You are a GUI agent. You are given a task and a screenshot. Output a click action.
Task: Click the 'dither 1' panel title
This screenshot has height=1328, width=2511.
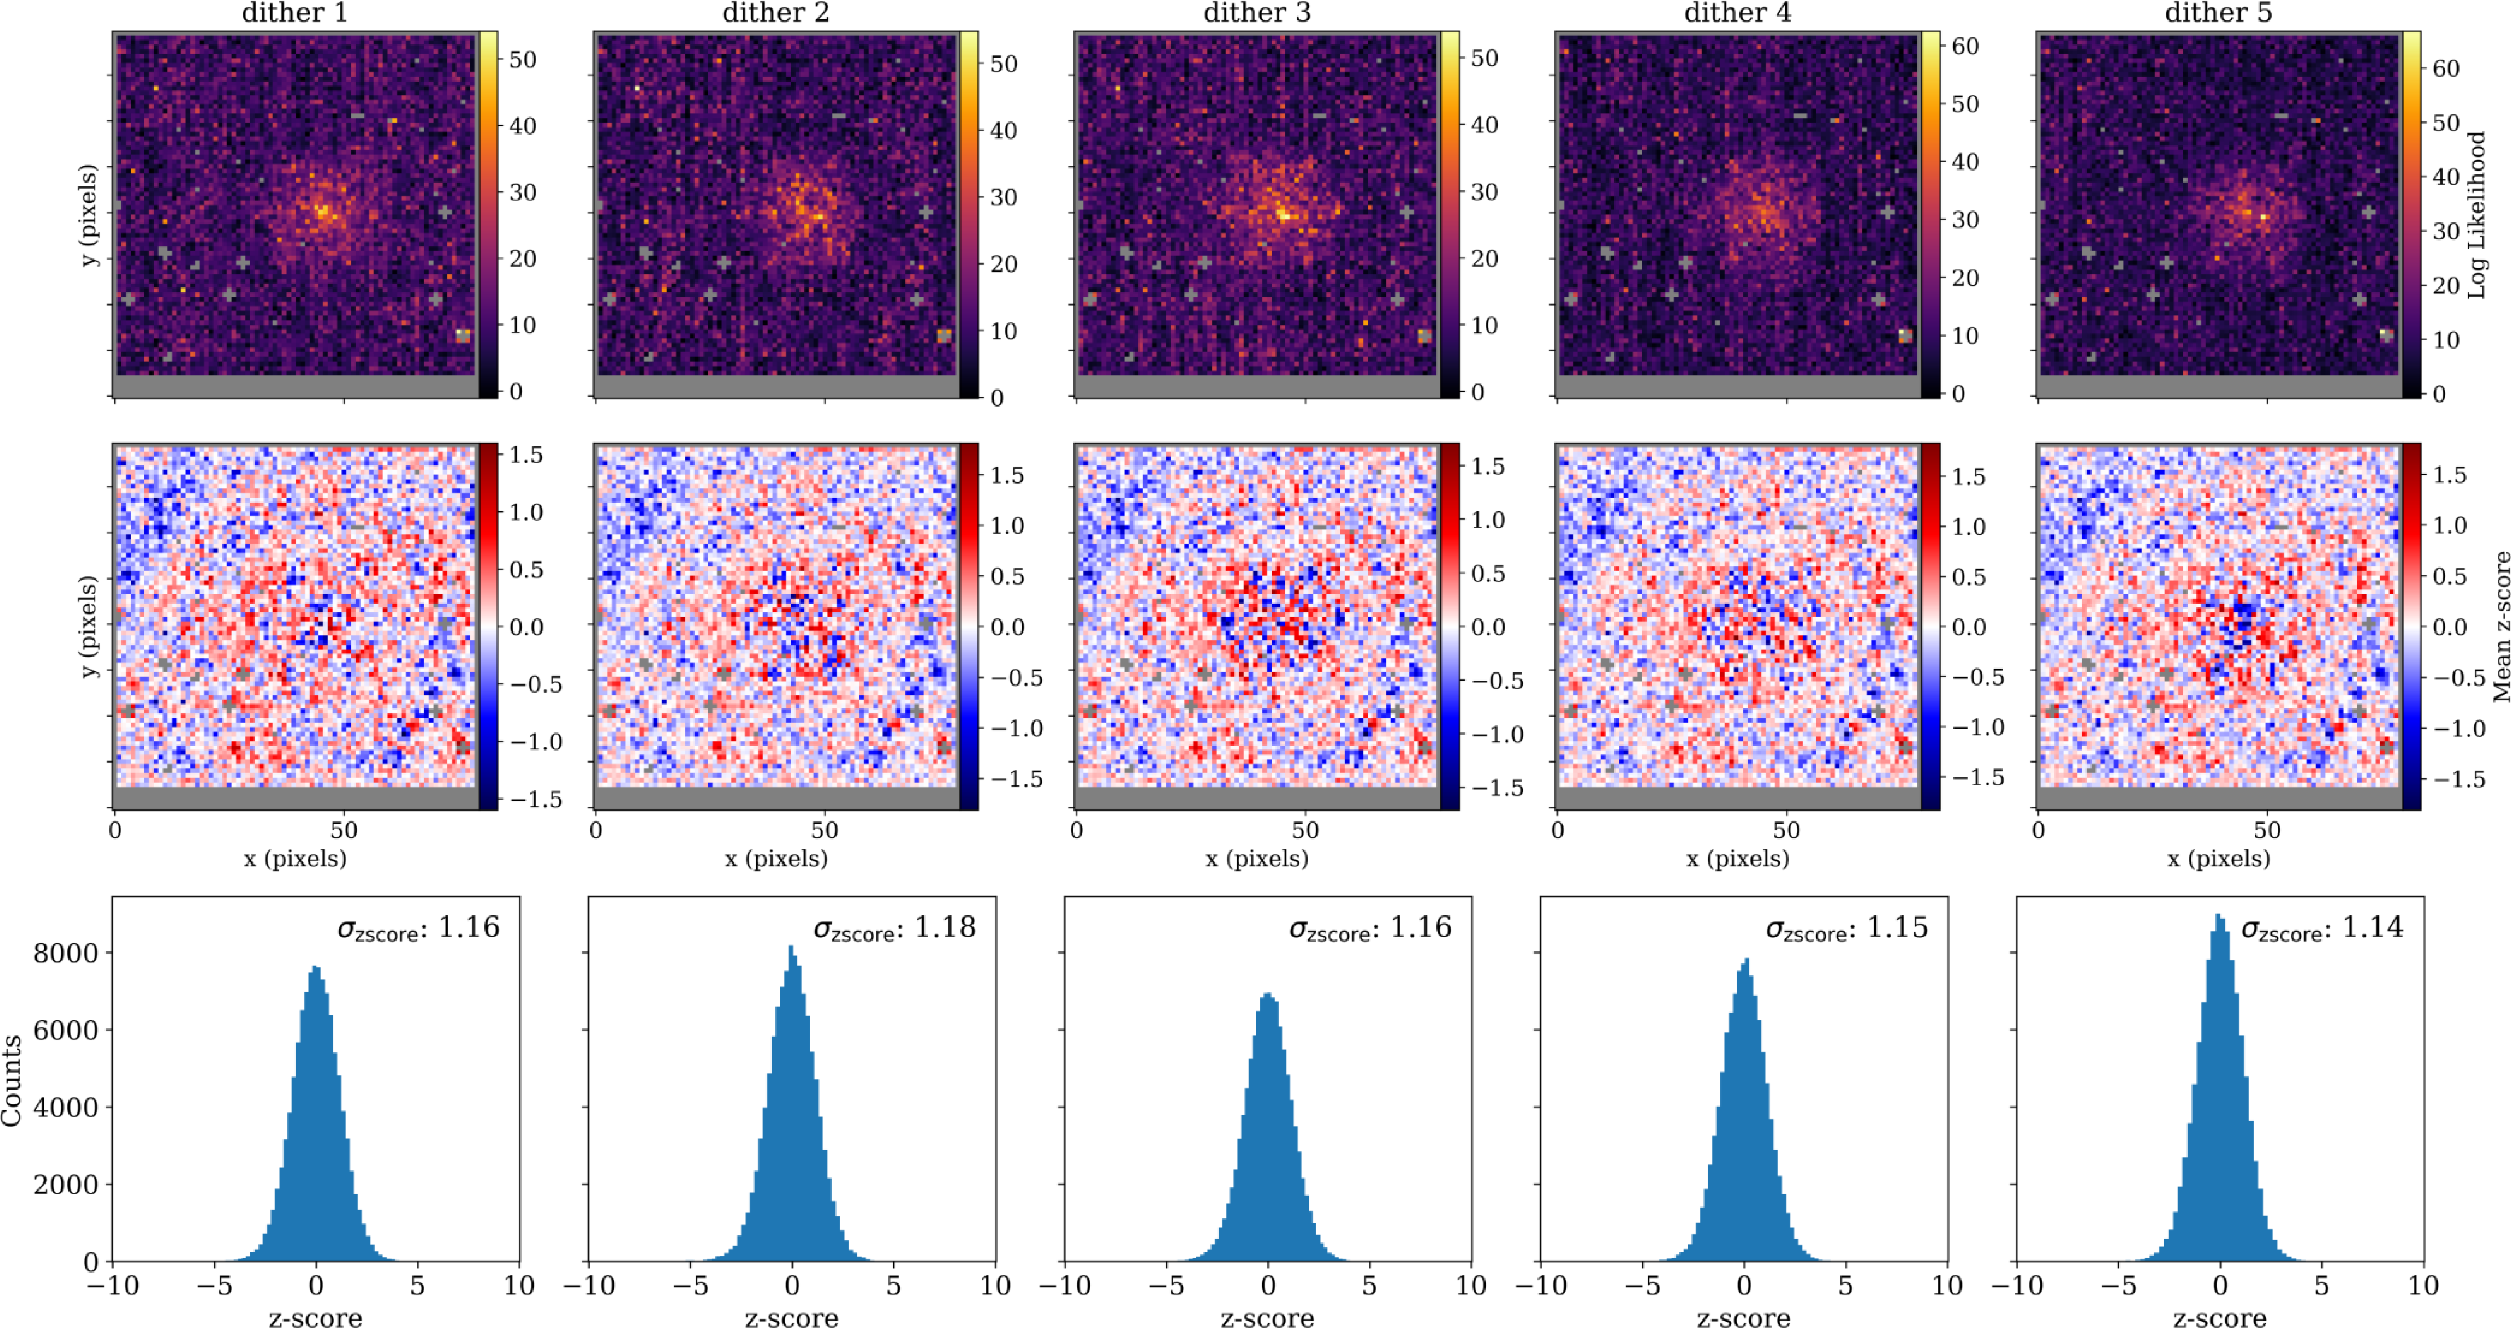pos(294,13)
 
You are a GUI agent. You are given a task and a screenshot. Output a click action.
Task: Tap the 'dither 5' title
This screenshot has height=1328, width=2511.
pos(2219,13)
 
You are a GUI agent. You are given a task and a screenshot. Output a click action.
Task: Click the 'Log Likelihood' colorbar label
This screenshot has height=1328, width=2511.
pos(2477,215)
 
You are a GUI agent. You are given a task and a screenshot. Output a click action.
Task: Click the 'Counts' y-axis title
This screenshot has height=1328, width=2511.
pos(12,1080)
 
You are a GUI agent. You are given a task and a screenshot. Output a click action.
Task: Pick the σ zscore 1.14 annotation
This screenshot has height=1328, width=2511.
pos(2322,927)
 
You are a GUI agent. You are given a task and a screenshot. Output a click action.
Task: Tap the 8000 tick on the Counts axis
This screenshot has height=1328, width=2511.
pos(66,953)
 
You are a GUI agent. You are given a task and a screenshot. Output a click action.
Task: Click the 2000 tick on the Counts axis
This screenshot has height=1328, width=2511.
pos(66,1185)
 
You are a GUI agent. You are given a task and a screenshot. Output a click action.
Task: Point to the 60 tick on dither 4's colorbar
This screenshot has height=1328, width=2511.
pos(1965,46)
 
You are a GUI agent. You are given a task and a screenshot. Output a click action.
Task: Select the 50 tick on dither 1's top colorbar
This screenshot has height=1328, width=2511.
pos(523,60)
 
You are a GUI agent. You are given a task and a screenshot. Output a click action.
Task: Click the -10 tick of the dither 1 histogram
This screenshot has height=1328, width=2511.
pos(113,1285)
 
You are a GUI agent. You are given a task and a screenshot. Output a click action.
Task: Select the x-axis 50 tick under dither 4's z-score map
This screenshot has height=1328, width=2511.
pos(1786,831)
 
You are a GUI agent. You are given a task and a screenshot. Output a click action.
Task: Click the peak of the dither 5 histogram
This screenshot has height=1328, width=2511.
pos(2219,915)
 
